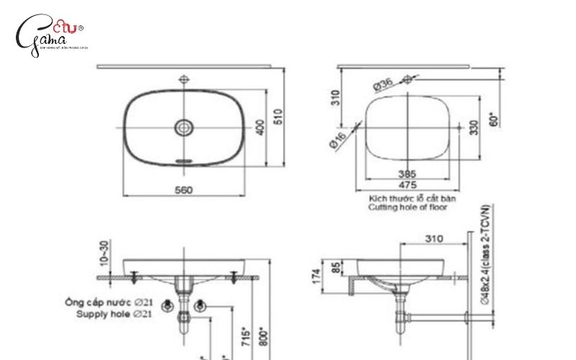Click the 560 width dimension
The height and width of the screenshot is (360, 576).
pyautogui.click(x=184, y=190)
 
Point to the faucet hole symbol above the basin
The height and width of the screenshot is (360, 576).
pyautogui.click(x=185, y=78)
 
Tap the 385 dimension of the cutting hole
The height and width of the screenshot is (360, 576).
pyautogui.click(x=408, y=174)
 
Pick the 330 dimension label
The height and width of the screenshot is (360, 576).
pyautogui.click(x=473, y=127)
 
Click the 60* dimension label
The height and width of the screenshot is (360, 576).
pyautogui.click(x=492, y=118)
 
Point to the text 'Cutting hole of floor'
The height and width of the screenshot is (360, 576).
pyautogui.click(x=408, y=207)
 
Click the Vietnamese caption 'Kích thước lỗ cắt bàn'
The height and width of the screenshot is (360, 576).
pyautogui.click(x=412, y=197)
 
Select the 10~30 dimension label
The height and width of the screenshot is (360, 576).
pyautogui.click(x=105, y=253)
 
